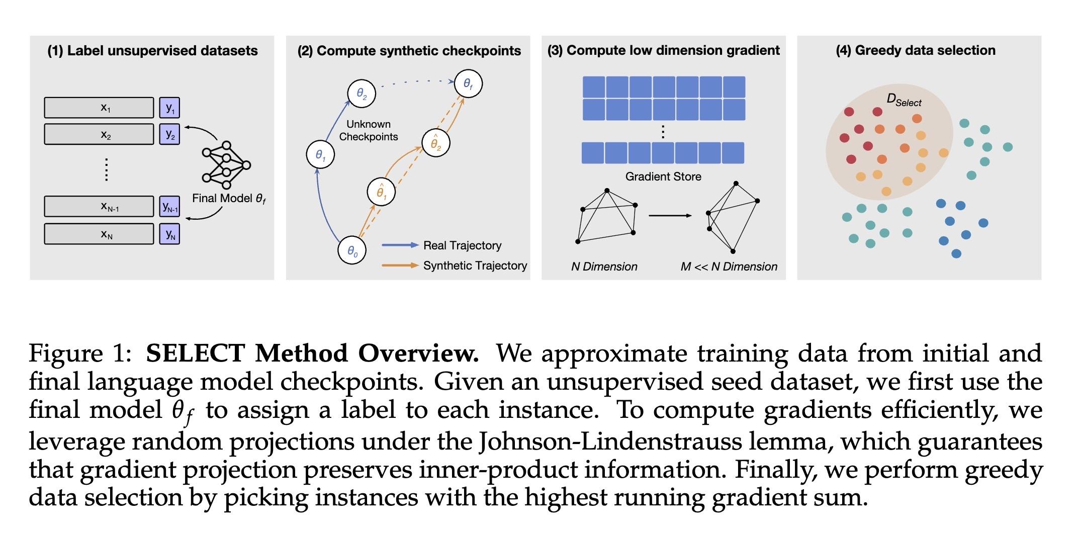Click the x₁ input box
coord(99,108)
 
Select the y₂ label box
coord(169,134)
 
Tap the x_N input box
coord(99,234)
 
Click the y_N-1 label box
coord(169,206)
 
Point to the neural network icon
coord(226,163)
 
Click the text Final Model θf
coord(229,199)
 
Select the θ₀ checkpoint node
coord(352,250)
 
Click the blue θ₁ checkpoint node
coord(320,154)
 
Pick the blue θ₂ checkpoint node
coord(362,93)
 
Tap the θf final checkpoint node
coord(468,83)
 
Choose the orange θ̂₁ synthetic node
coord(381,192)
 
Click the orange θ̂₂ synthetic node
coord(435,143)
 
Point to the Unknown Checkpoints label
coord(369,130)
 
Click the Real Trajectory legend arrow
coord(400,245)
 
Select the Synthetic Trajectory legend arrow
coord(400,265)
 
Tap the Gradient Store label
coord(663,176)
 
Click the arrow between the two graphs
coord(670,216)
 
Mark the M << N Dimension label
coord(729,267)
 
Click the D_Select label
coord(904,100)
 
